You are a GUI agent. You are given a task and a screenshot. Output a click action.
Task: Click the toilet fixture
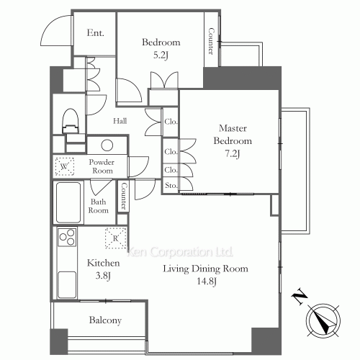(x=71, y=121)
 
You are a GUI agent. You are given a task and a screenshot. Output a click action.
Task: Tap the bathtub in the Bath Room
(x=68, y=203)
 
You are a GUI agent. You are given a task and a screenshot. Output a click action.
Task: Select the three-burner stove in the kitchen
(x=67, y=237)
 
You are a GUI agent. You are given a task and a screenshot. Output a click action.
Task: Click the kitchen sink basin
(x=67, y=284)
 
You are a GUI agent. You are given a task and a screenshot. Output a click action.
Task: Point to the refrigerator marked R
(x=116, y=238)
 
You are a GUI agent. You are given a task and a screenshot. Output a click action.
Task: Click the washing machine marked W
(x=65, y=166)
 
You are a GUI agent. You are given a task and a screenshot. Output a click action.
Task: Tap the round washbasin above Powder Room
(x=107, y=145)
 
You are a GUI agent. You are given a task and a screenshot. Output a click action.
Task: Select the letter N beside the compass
(x=300, y=297)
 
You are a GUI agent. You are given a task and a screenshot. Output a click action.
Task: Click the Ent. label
(x=95, y=33)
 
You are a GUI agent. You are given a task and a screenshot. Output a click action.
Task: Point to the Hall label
(x=120, y=121)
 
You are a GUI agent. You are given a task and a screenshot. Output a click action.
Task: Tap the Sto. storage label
(x=171, y=185)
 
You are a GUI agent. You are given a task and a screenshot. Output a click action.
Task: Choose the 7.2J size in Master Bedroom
(x=233, y=153)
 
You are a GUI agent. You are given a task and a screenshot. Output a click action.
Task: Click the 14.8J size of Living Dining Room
(x=207, y=281)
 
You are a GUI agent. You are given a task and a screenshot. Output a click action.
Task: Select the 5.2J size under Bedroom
(x=161, y=55)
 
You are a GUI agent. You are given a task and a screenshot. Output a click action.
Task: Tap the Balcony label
(x=105, y=320)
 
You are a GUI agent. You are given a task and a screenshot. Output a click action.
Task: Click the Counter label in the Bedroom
(x=211, y=41)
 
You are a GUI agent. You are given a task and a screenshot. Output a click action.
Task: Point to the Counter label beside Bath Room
(x=124, y=196)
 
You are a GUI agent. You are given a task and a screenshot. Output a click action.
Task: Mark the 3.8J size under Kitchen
(x=103, y=276)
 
